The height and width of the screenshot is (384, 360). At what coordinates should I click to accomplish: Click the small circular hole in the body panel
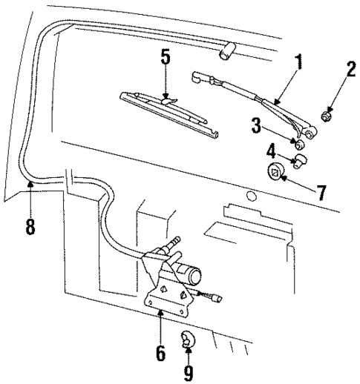(x=251, y=197)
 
